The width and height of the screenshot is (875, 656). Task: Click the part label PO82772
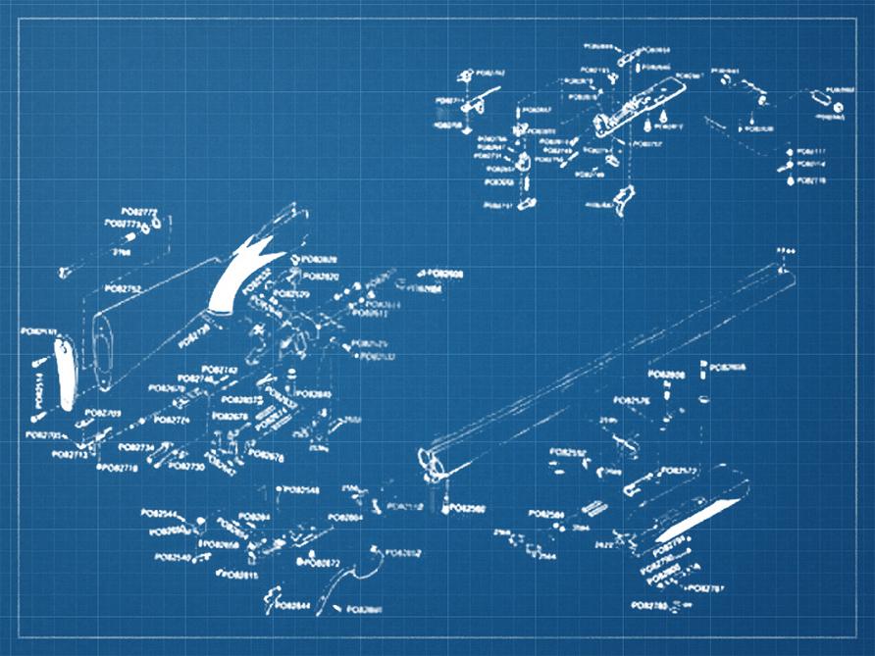click(139, 212)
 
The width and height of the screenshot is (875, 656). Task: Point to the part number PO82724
click(171, 420)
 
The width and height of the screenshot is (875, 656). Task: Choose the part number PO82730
click(186, 467)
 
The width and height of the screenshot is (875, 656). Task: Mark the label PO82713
click(70, 455)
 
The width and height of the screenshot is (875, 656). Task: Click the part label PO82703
click(103, 414)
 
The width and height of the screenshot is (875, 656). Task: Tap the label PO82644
click(293, 606)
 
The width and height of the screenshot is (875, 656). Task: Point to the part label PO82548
click(301, 489)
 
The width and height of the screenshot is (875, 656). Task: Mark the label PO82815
click(240, 576)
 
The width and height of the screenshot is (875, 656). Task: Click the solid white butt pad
click(64, 372)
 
